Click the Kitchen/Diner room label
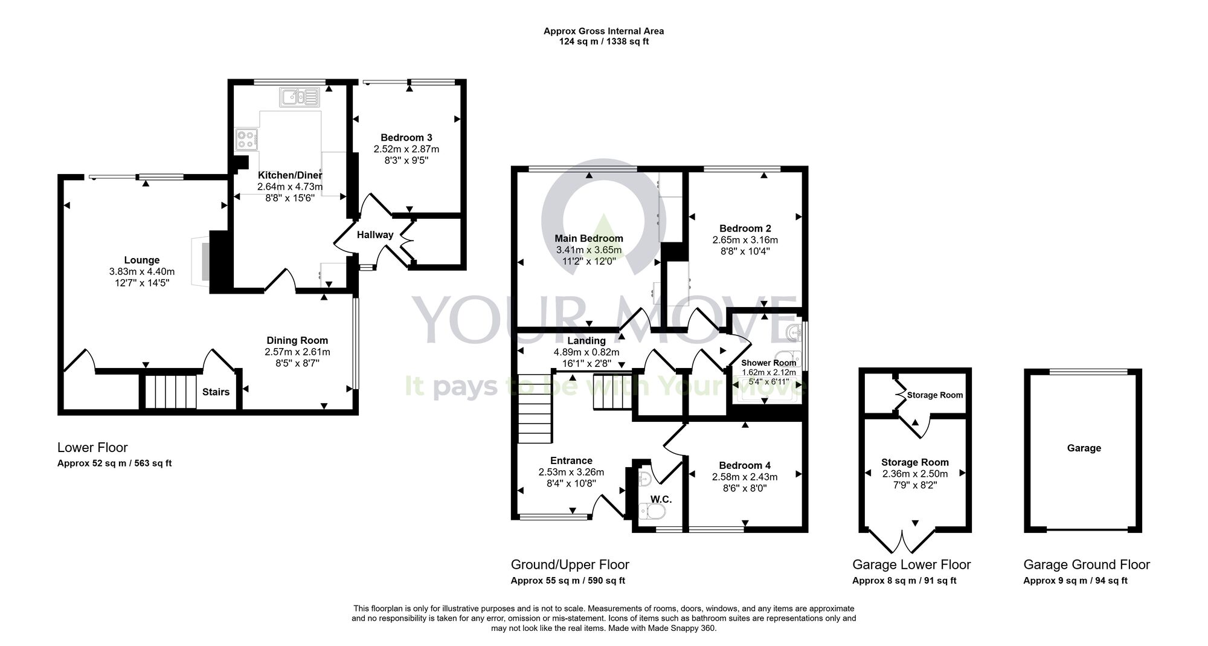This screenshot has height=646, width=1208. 290,175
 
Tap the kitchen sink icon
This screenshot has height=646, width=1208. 299,97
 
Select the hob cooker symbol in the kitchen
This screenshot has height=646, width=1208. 247,140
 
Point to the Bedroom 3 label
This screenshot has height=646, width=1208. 406,138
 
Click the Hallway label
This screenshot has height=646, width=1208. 375,235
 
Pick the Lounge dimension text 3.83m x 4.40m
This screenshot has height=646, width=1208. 142,272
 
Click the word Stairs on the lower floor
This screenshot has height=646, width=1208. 216,392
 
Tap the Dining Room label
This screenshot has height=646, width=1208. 297,341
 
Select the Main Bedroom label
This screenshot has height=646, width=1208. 589,239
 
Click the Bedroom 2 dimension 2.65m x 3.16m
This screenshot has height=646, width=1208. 745,240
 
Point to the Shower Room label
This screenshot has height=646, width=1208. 768,363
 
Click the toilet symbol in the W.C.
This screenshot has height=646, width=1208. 652,513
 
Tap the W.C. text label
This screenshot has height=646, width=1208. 661,500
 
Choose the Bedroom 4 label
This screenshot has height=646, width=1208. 745,465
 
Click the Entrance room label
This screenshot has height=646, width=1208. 571,460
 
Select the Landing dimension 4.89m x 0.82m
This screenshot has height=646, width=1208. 586,352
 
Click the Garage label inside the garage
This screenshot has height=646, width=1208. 1084,448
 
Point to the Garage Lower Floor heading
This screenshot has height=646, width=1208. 911,565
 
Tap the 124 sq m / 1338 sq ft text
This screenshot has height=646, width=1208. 603,42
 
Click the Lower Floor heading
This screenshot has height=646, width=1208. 92,448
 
